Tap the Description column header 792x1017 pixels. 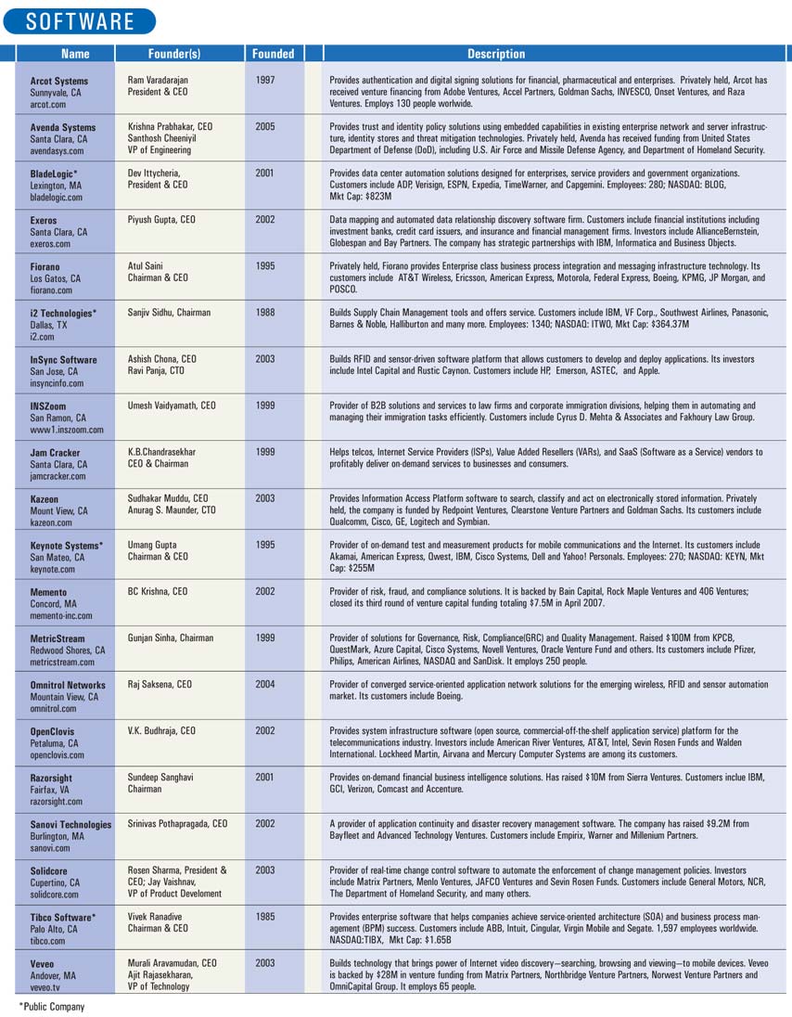tap(496, 54)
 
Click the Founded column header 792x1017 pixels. tap(272, 54)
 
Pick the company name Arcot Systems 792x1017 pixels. tap(59, 82)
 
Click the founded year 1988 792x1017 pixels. tap(264, 312)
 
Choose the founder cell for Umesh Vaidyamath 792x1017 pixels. tap(172, 405)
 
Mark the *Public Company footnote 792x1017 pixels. tap(52, 1006)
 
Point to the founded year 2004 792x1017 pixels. tap(264, 685)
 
